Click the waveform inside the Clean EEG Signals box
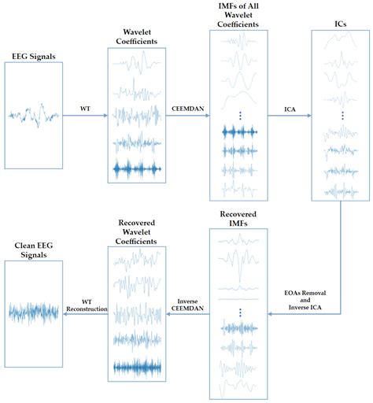33,312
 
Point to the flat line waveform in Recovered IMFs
240,298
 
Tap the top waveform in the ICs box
342,57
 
